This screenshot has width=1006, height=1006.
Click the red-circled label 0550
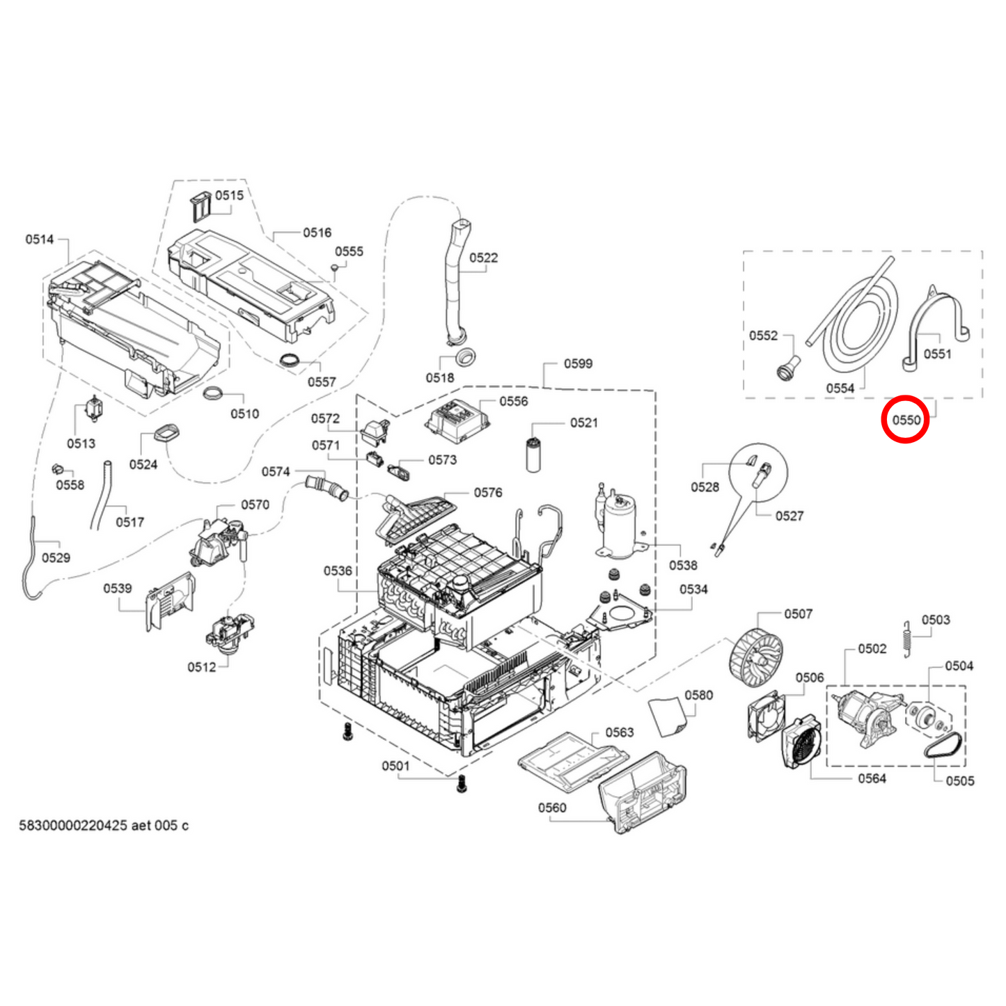coord(906,420)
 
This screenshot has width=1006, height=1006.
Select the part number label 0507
coord(798,613)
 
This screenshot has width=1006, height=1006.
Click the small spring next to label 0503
coord(907,637)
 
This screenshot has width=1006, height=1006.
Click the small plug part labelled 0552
coord(787,367)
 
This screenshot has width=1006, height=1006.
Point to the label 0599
coord(578,363)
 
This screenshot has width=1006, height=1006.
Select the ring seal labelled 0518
coord(462,357)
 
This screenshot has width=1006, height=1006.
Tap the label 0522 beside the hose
coord(483,258)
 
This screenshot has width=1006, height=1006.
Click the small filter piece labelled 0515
coord(201,206)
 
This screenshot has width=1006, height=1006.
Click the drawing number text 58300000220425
coord(73,825)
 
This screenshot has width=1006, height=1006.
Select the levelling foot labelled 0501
coord(459,784)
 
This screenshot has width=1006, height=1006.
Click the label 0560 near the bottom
coord(551,808)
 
